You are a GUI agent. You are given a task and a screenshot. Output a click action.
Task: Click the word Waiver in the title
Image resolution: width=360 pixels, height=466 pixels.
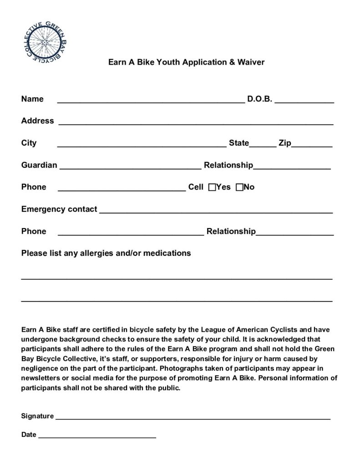tap(250, 62)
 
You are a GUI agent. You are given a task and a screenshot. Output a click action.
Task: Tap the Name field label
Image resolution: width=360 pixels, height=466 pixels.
tap(32, 99)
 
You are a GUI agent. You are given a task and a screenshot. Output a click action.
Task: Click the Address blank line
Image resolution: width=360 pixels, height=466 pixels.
tap(196, 123)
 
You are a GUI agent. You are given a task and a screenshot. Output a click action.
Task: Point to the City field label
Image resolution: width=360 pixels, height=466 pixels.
tap(29, 143)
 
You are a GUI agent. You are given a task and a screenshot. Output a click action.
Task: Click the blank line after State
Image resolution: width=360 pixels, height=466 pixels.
tap(263, 146)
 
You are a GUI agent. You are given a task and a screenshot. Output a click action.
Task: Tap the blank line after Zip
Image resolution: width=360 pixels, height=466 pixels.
tap(312, 146)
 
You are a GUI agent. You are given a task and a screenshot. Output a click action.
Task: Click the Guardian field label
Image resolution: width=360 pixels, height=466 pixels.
tap(39, 165)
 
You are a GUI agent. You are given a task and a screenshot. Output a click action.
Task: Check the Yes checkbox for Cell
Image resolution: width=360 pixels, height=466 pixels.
tap(212, 187)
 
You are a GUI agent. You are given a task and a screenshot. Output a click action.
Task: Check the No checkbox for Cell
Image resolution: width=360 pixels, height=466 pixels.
tap(239, 187)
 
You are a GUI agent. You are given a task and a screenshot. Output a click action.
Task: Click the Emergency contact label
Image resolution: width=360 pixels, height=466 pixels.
tap(59, 209)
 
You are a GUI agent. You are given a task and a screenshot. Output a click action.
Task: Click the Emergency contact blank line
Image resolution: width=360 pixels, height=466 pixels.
tap(216, 212)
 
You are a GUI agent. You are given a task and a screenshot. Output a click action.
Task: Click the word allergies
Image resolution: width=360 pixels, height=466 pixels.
tap(97, 253)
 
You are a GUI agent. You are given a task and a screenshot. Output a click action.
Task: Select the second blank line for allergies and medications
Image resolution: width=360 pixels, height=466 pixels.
tap(177, 300)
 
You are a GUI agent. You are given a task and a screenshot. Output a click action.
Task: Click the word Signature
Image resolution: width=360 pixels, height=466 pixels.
tap(38, 416)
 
